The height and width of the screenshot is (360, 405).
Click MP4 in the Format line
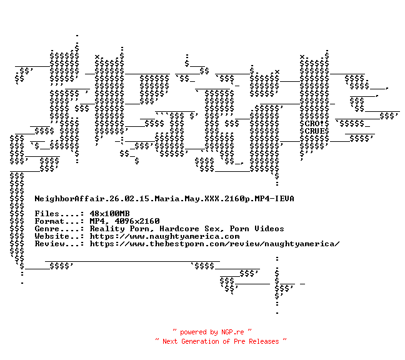(x=97, y=221)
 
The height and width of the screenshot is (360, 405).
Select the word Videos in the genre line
(x=269, y=229)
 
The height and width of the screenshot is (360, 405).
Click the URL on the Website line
(x=164, y=236)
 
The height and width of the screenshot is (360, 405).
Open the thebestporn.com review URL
(x=214, y=244)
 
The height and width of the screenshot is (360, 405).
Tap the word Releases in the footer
(x=263, y=341)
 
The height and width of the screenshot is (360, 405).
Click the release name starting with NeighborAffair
(x=164, y=199)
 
